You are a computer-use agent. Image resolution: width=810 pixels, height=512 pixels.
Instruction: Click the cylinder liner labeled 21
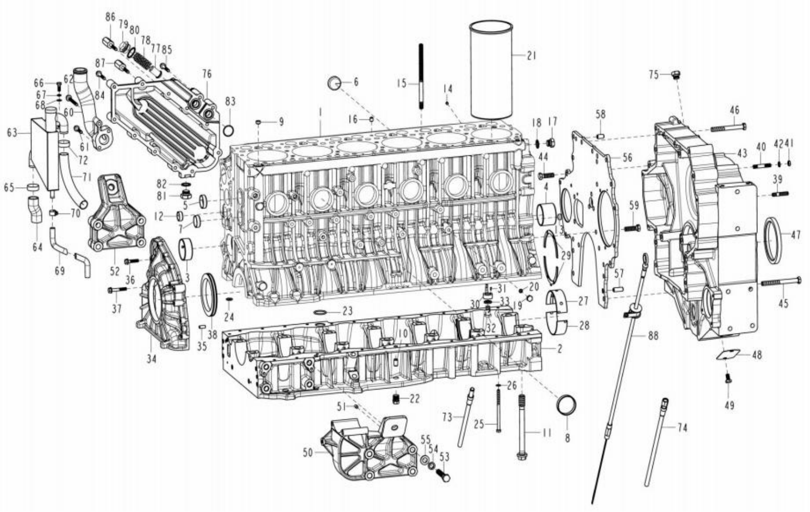coord(491,70)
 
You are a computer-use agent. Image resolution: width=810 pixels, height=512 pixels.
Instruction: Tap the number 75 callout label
coord(654,75)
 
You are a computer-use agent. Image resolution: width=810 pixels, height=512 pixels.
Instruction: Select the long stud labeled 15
coord(421,75)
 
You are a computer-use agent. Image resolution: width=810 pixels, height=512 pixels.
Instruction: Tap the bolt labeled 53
coord(443,475)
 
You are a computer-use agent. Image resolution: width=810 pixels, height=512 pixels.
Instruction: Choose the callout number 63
coord(12,133)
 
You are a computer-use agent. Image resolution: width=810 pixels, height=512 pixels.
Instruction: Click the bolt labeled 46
coord(728,127)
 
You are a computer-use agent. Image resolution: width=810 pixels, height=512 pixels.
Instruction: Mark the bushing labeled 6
coord(334,83)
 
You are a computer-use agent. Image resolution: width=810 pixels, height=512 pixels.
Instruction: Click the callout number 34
coord(151,359)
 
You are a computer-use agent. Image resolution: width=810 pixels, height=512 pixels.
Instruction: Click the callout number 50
coord(308,452)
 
